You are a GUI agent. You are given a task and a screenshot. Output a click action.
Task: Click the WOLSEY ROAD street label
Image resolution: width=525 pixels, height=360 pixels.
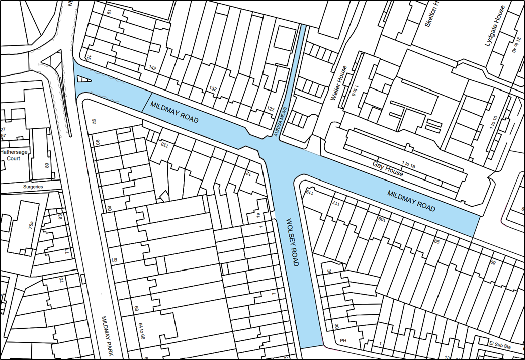(293, 243)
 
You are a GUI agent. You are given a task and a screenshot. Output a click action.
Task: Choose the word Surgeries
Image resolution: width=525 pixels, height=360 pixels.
(34, 187)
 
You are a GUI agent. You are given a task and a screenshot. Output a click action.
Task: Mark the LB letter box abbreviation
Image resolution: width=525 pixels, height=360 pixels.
(114, 260)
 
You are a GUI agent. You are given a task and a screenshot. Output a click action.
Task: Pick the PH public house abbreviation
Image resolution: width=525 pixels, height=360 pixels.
(343, 341)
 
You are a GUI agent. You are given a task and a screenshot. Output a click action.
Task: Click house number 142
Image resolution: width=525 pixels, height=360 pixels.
(152, 67)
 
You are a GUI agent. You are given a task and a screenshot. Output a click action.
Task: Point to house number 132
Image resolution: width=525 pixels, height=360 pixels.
(213, 89)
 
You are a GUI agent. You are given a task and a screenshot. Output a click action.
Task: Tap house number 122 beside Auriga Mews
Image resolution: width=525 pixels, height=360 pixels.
(271, 109)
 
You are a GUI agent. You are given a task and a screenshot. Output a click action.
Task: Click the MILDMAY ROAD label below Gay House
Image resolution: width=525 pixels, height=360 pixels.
(411, 200)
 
